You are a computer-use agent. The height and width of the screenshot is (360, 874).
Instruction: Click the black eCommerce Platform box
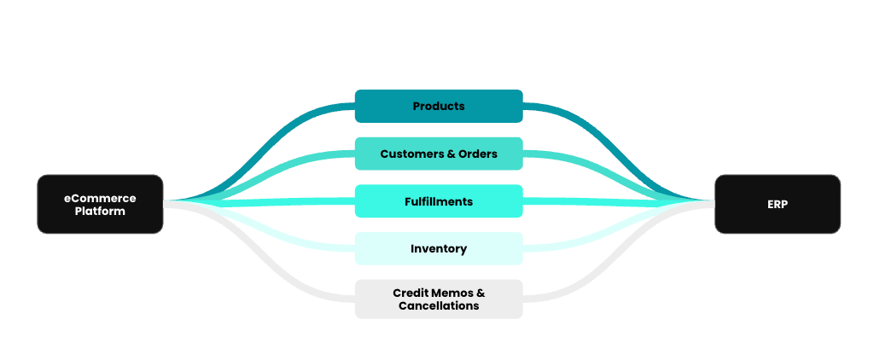click(100, 204)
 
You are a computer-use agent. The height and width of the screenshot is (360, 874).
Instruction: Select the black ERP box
click(777, 204)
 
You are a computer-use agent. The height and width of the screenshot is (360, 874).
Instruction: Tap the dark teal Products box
click(439, 107)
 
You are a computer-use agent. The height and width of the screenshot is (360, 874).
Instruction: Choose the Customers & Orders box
click(439, 154)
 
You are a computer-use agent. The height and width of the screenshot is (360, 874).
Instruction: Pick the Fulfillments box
click(439, 202)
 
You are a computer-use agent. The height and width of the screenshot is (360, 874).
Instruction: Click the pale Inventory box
click(439, 249)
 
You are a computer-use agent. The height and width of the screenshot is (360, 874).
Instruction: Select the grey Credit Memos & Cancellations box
click(439, 299)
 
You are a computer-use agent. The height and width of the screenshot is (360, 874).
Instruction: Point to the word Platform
click(100, 211)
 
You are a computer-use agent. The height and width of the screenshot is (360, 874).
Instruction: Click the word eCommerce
click(100, 198)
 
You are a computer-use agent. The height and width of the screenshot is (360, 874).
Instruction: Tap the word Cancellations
click(439, 305)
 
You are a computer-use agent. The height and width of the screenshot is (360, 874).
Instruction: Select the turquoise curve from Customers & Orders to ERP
click(597, 165)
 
